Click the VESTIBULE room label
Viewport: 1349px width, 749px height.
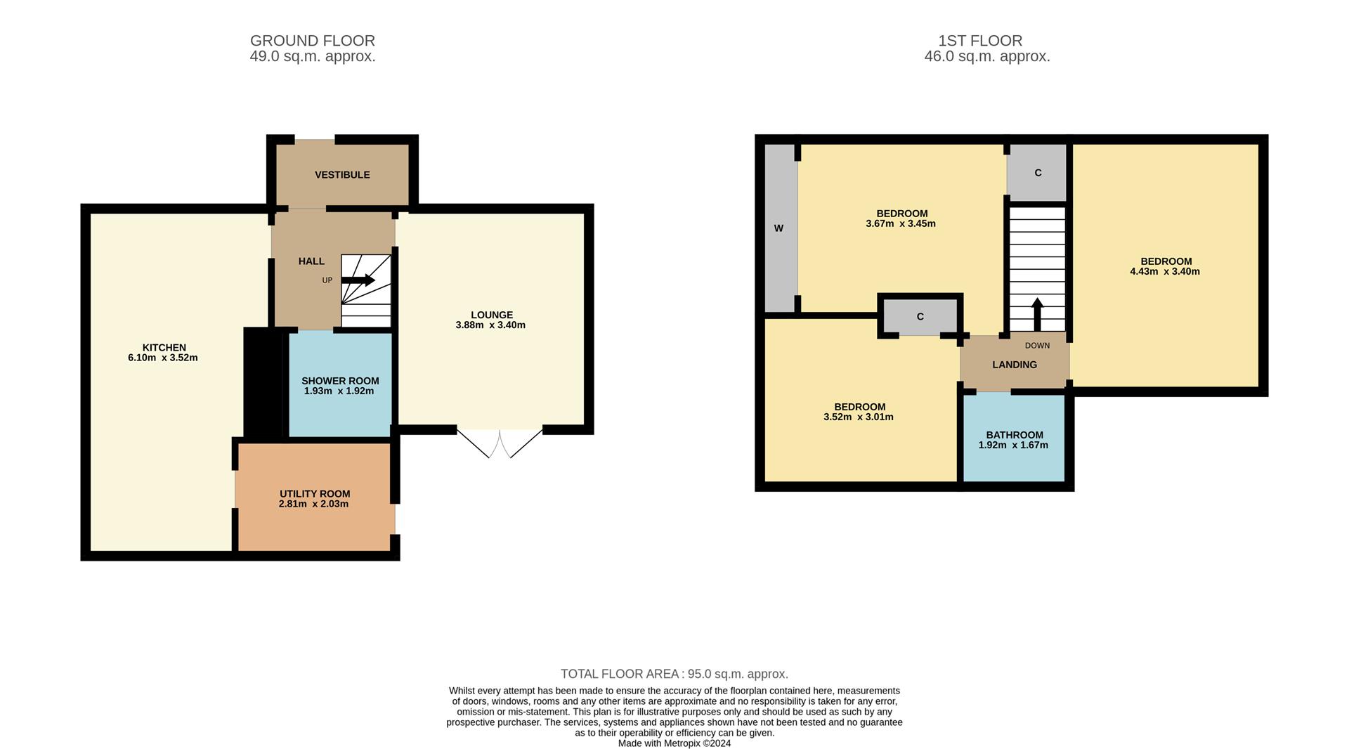point(342,175)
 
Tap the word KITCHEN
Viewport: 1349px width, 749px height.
point(164,348)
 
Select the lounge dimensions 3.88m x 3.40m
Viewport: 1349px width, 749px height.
point(490,325)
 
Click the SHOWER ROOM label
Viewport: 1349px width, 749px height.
point(340,381)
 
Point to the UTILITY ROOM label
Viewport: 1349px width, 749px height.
point(315,494)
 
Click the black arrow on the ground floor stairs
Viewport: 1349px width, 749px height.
point(358,280)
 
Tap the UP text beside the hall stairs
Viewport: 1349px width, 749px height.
point(327,280)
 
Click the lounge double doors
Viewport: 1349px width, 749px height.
point(500,442)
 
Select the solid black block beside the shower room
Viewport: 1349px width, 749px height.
point(263,382)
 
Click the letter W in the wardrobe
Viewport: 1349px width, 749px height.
point(778,228)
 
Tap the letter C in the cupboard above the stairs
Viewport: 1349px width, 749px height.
point(1038,173)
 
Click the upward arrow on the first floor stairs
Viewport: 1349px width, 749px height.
point(1037,314)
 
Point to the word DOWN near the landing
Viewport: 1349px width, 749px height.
point(1037,346)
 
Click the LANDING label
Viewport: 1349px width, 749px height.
point(1015,365)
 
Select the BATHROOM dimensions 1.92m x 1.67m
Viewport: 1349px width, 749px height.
point(1013,445)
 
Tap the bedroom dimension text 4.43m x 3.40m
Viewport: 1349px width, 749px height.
point(1165,272)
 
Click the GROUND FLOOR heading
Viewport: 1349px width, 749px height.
point(313,41)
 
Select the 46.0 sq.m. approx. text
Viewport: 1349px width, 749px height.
point(987,57)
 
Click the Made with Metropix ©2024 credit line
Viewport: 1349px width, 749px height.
point(674,743)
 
